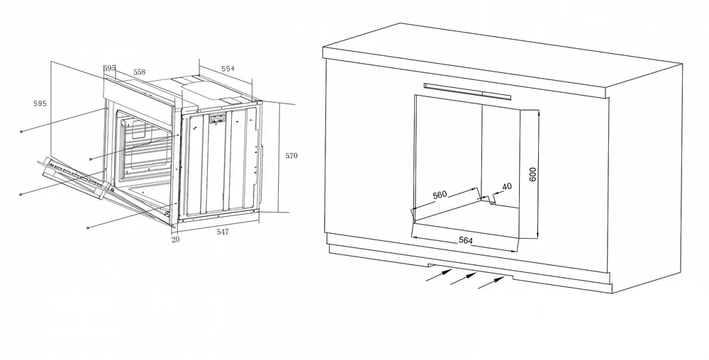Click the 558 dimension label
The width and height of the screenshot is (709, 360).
[x=139, y=72]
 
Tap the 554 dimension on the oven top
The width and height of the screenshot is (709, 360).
[x=228, y=69]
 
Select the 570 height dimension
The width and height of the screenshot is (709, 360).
[x=291, y=156]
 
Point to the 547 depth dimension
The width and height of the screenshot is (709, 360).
[x=223, y=232]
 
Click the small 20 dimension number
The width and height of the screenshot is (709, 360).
[x=175, y=240]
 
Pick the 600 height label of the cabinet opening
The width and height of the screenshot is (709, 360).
[x=532, y=174]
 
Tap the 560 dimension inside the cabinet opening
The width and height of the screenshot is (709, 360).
[x=440, y=195]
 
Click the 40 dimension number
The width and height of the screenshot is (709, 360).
[x=507, y=186]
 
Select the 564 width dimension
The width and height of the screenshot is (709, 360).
[x=466, y=240]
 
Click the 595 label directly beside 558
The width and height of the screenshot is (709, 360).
[x=109, y=68]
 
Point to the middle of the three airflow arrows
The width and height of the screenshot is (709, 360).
[x=463, y=279]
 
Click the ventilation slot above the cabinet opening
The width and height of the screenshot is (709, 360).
[x=467, y=91]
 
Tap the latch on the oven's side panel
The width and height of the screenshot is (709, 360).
[x=216, y=119]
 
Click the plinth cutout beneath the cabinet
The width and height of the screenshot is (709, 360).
[x=470, y=270]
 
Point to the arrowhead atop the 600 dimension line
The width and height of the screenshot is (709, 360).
[x=538, y=113]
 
